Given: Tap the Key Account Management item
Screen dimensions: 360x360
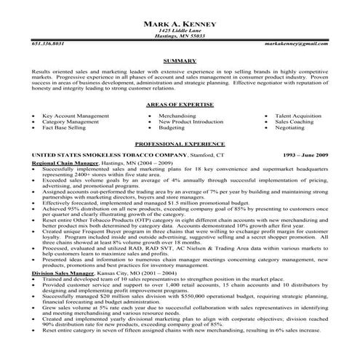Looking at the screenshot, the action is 71,115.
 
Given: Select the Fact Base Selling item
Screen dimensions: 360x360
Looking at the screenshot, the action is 64,127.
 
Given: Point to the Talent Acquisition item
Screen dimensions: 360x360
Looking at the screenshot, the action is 298,115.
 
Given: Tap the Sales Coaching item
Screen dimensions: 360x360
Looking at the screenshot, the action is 293,121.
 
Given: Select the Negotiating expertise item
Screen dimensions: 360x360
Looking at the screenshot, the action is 289,127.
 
